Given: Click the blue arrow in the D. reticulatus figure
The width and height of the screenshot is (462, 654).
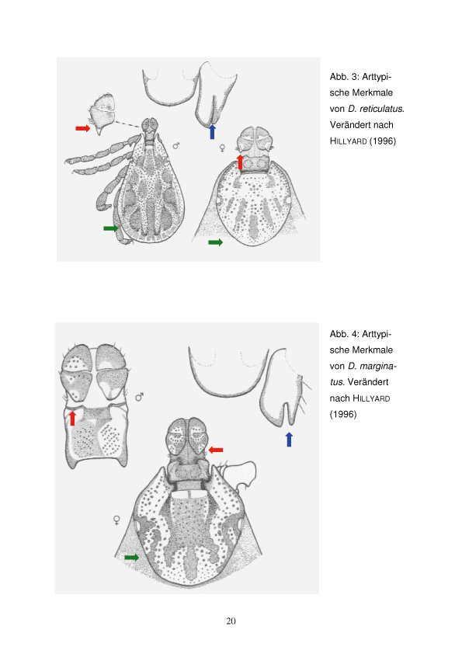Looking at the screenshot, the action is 212,131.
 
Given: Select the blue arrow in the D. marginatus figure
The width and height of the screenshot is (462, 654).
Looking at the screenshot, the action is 289,440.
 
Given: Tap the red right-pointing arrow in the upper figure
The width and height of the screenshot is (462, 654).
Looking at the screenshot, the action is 82,128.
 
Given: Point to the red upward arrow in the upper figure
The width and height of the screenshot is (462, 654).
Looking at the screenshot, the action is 240,162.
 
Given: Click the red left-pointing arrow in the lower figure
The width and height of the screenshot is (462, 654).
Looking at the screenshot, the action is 216,450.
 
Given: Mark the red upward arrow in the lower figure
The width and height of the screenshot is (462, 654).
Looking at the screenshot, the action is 72,418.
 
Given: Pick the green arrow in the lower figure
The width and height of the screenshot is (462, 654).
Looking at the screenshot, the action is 132,557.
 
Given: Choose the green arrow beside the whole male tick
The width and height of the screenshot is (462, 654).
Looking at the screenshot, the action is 111,228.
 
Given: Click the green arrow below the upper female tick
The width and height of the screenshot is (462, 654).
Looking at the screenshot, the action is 216,242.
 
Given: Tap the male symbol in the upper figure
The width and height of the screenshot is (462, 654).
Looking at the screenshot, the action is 176,146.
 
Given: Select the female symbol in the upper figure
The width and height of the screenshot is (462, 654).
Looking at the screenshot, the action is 222,148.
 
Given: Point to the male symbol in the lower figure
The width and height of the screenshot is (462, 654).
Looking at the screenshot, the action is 140,397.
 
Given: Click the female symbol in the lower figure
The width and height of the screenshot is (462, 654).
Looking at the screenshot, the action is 116,520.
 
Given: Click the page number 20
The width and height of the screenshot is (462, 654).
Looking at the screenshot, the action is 231,621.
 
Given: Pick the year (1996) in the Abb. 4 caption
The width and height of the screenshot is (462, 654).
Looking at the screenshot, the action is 343,414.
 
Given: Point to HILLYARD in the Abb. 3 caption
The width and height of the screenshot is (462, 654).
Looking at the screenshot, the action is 348,141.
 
